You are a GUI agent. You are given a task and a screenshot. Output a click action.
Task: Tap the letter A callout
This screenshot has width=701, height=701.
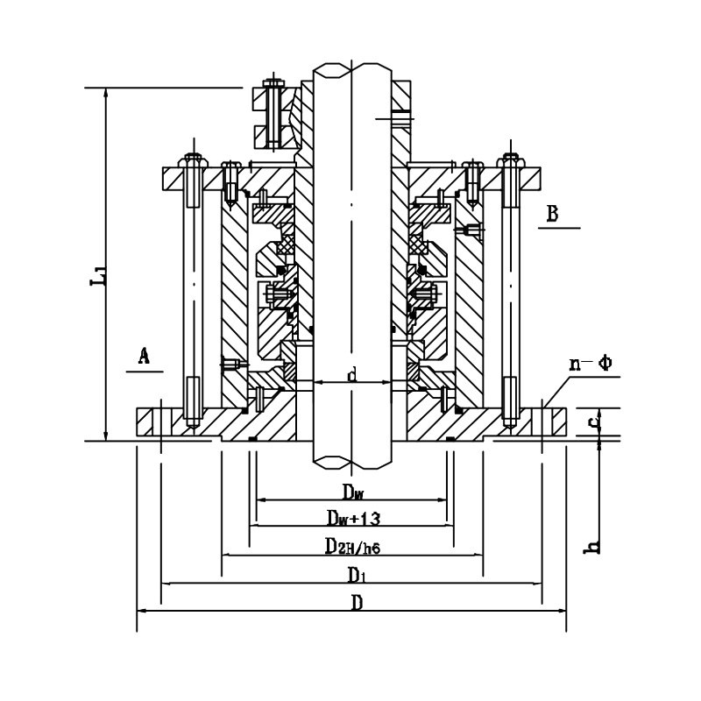point(145,355)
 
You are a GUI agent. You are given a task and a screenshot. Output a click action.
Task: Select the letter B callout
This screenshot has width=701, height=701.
point(553,212)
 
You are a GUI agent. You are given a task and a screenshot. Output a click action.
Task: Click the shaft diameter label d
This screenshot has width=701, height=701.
point(352,376)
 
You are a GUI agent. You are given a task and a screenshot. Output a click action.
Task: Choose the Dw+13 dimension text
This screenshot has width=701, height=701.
point(352,518)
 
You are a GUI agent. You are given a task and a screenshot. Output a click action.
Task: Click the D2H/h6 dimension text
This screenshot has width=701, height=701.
point(351,547)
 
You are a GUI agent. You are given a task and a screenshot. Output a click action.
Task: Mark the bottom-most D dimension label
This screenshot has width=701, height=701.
point(355,603)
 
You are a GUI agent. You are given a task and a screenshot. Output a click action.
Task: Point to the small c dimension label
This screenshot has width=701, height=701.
point(594,422)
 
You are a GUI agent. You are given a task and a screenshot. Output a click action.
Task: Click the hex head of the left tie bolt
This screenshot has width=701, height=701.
point(191,162)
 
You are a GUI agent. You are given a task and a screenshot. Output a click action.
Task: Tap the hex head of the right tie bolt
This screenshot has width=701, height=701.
point(510,162)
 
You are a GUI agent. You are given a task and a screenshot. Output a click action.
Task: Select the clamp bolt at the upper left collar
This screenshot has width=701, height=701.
point(274,114)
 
